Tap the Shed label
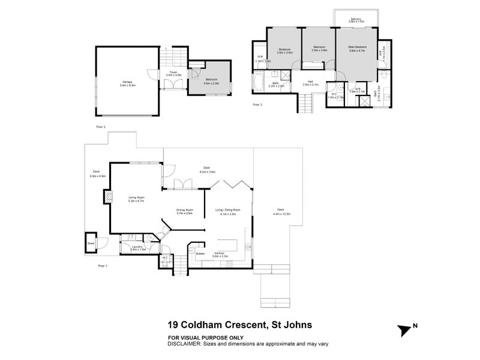(x=91, y=244)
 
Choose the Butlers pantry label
(x=200, y=254)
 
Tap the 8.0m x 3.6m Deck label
(x=207, y=169)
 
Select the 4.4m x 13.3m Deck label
(x=281, y=212)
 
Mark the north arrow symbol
(x=404, y=331)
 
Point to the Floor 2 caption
(x=101, y=127)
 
